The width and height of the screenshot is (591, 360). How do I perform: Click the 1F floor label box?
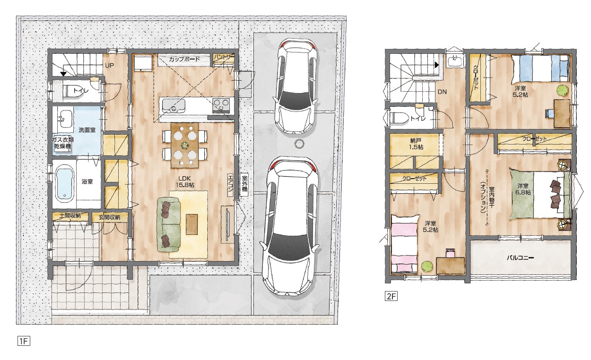tap(24, 341)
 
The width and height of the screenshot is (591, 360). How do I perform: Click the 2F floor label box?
tap(391, 297)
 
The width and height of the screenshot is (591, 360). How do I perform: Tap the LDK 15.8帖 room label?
tap(185, 182)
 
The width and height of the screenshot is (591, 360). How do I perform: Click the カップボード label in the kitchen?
tap(184, 60)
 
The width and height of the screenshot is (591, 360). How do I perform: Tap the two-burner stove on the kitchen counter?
tap(221, 105)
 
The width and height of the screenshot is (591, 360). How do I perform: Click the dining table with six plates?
tap(185, 145)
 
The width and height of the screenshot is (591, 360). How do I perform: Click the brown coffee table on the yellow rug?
tap(192, 224)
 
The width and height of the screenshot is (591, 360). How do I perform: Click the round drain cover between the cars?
tap(299, 144)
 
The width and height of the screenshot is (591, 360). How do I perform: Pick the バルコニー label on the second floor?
tap(520, 257)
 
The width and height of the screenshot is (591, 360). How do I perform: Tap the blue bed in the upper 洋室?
tap(540, 68)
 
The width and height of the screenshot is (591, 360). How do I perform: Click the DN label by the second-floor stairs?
tap(442, 92)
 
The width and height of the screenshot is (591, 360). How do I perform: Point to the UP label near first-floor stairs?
tap(110, 66)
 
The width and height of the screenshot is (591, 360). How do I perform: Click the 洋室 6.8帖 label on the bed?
tap(522, 189)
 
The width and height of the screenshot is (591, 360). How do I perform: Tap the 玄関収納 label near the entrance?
tap(109, 217)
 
